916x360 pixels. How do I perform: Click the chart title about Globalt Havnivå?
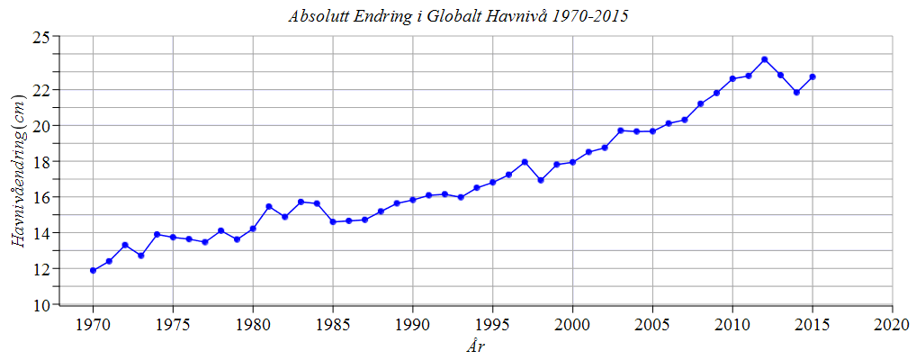click(458, 16)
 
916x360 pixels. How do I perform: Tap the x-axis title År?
click(477, 346)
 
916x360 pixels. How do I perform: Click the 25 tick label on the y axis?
click(40, 38)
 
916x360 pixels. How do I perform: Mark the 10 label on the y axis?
click(40, 305)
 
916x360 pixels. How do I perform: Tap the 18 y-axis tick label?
click(40, 162)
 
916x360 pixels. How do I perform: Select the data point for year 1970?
click(94, 270)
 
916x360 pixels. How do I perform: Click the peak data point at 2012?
click(764, 59)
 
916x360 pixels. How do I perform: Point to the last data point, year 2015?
click(813, 76)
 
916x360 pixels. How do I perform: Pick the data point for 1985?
click(333, 221)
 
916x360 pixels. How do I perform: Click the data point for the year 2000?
click(572, 162)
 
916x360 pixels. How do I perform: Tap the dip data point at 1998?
click(541, 180)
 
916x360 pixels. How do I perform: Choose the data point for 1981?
click(269, 206)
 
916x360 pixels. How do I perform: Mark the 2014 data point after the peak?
click(796, 92)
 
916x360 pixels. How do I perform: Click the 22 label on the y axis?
click(40, 90)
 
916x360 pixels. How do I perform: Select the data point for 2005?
click(652, 131)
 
